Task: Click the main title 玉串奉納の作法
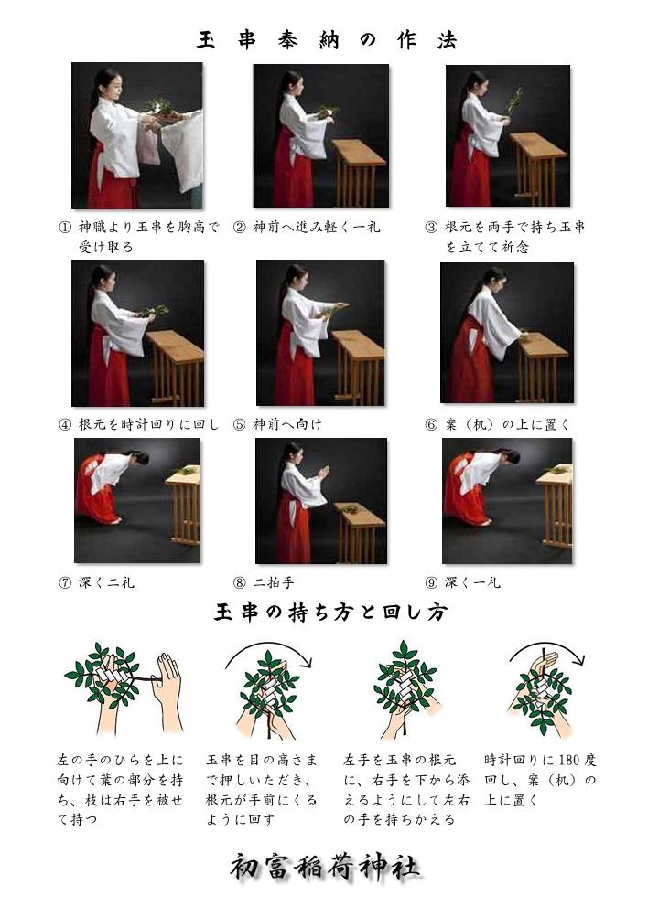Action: pyautogui.click(x=327, y=40)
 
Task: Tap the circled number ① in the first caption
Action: pyautogui.click(x=65, y=227)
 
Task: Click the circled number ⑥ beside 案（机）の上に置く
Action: pyautogui.click(x=431, y=425)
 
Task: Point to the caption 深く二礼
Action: pyautogui.click(x=106, y=582)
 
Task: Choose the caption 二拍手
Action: pyautogui.click(x=273, y=582)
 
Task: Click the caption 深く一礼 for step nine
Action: pyautogui.click(x=472, y=582)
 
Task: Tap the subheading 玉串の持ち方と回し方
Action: pyautogui.click(x=330, y=612)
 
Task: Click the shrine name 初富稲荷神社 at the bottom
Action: pyautogui.click(x=325, y=868)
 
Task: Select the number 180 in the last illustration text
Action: pyautogui.click(x=570, y=760)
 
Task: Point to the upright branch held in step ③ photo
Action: pyautogui.click(x=514, y=101)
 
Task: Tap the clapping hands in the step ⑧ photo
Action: pyautogui.click(x=323, y=473)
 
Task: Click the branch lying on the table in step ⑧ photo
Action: pyautogui.click(x=350, y=509)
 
